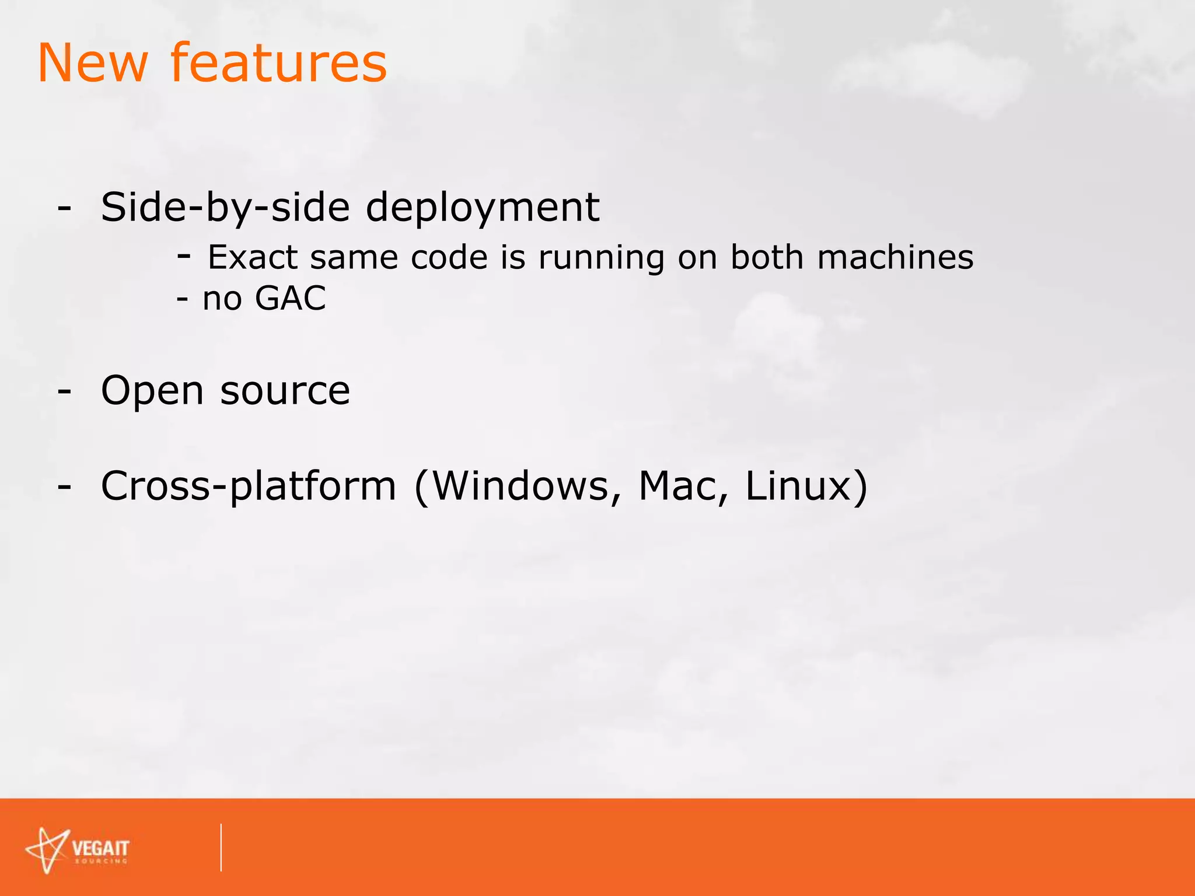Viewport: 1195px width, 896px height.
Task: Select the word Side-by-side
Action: tap(225, 208)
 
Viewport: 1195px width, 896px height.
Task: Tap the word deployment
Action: tap(483, 208)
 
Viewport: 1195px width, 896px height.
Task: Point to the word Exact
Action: tap(253, 257)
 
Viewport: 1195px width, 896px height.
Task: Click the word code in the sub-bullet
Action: tap(449, 257)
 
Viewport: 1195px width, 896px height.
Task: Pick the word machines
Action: tap(895, 257)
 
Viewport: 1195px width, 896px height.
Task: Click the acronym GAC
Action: tap(290, 299)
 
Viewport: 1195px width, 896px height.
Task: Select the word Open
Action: tap(152, 390)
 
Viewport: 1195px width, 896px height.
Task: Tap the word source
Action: tap(285, 390)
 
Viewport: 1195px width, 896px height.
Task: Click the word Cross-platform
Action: tap(249, 486)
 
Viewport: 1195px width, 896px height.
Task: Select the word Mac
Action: tap(680, 486)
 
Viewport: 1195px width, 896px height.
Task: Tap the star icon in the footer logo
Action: tap(48, 850)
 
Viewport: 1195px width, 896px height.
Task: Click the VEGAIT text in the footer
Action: tap(100, 848)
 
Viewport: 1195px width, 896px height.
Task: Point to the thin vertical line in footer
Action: tap(221, 848)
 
